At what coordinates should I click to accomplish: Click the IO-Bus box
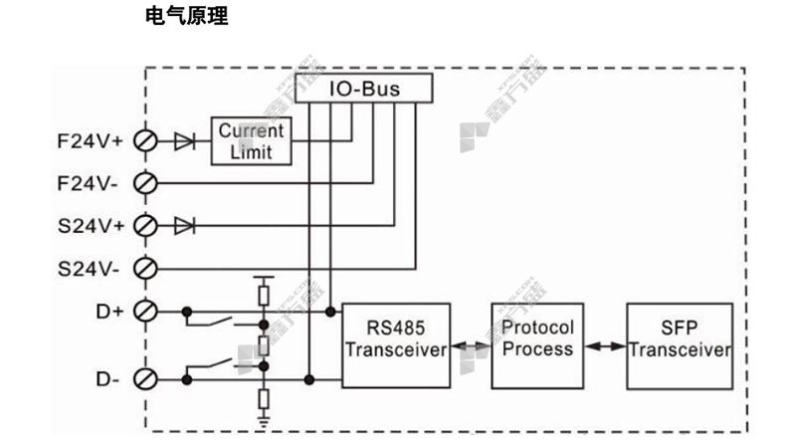click(x=365, y=89)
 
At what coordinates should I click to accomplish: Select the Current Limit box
click(x=251, y=141)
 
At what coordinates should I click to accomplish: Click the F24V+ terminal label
click(x=87, y=141)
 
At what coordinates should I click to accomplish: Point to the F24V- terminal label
click(x=87, y=183)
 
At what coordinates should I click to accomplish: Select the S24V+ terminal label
click(x=87, y=225)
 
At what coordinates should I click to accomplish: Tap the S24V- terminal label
click(x=87, y=268)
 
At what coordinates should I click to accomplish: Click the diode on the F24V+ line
click(x=184, y=141)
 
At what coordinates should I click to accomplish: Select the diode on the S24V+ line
click(x=184, y=225)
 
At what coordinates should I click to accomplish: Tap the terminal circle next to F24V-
click(x=144, y=183)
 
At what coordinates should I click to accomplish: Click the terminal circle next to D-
click(x=144, y=378)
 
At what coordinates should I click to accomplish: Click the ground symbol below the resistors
click(x=264, y=422)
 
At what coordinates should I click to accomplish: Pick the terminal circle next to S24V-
click(x=144, y=268)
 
